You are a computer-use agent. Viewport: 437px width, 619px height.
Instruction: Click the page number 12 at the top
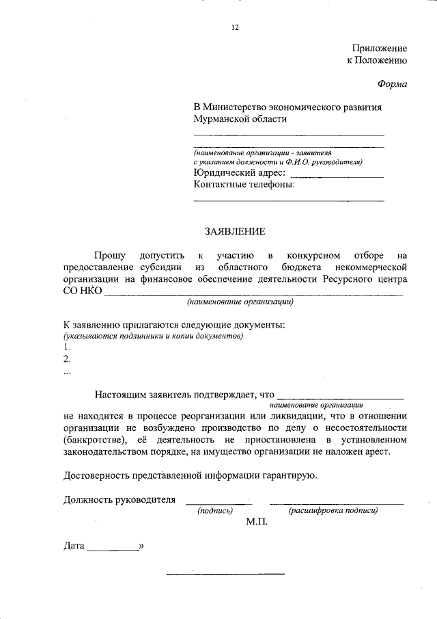(235, 28)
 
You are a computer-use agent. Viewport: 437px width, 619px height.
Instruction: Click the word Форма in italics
(392, 84)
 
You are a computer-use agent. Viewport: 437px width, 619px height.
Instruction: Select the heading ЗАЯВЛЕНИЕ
(235, 231)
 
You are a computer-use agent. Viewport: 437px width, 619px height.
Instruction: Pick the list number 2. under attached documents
(67, 360)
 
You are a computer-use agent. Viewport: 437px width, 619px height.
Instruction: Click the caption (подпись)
(216, 510)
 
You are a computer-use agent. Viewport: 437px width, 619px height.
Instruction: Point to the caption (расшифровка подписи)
(333, 510)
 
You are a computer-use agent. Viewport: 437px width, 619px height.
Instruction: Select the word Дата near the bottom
(74, 546)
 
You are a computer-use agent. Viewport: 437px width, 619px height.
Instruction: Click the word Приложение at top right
(380, 49)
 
